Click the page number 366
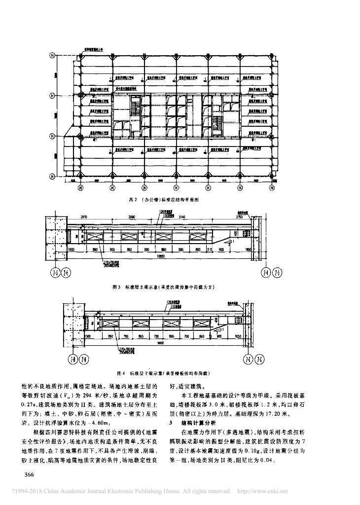point(25,474)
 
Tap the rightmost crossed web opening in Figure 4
point(202,324)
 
